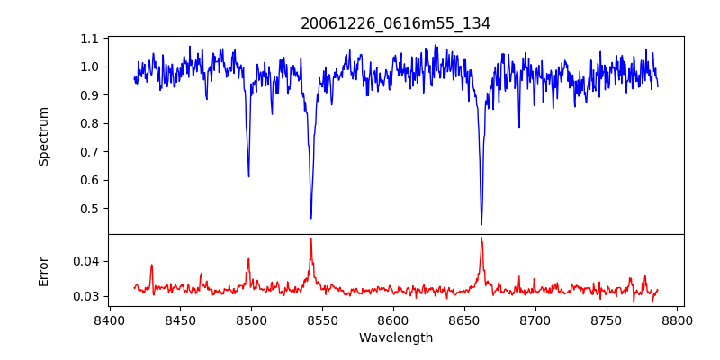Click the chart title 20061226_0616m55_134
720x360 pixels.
point(395,24)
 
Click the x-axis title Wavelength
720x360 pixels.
point(395,338)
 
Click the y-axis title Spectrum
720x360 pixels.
point(44,136)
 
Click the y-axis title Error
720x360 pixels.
point(44,270)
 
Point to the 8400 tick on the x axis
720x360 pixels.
point(109,319)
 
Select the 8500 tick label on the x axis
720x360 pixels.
point(251,319)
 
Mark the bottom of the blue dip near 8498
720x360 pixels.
point(249,176)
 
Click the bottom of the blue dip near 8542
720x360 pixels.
point(311,218)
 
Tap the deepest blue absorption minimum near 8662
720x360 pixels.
point(481,224)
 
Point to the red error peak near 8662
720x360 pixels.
point(481,238)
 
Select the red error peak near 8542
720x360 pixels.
point(311,239)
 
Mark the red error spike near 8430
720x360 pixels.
point(152,265)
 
